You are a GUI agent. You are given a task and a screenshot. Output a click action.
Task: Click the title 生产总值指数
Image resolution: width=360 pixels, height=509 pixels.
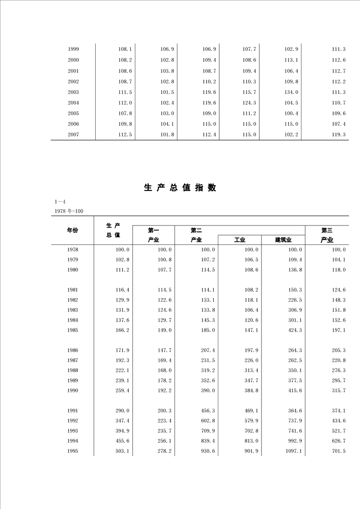coord(180,188)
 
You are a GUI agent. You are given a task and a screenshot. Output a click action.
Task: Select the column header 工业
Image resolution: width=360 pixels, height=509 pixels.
coord(239,240)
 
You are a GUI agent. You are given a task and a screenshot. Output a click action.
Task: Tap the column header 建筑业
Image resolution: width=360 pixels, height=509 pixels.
coord(283,240)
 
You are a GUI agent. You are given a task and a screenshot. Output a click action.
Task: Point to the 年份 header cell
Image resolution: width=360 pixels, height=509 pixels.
coord(72,230)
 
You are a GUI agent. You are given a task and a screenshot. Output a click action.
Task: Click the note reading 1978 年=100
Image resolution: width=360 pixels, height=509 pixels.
coord(69,211)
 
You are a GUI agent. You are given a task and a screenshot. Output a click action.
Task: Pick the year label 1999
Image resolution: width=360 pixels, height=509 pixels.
coord(73,49)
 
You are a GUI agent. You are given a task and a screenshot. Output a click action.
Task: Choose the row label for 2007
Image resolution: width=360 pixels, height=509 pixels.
coord(73,135)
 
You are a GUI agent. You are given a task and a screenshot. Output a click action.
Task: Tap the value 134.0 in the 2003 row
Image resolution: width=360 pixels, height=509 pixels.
coord(291,92)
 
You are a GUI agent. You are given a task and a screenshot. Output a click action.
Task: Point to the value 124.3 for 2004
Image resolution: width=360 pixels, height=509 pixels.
coord(249,103)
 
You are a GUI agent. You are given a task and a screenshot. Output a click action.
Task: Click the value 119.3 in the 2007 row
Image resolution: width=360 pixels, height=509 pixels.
coord(339,135)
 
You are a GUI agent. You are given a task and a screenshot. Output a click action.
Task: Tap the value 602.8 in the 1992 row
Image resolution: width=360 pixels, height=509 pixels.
coord(208,421)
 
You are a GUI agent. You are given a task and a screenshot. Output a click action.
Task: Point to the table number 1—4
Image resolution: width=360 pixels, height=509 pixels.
coord(60,202)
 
